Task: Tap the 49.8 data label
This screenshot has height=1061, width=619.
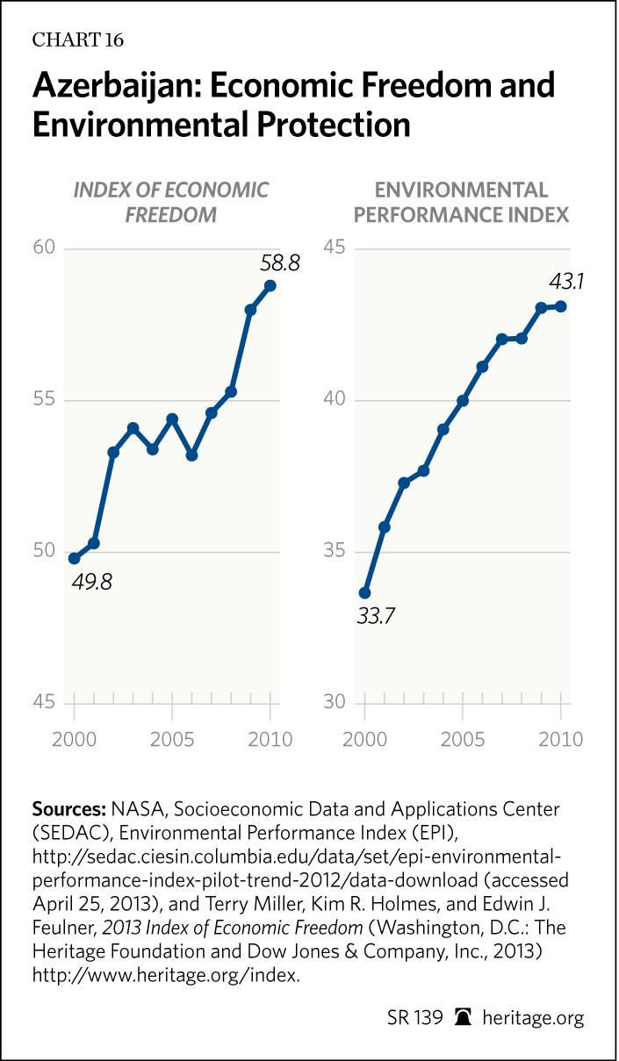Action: pos(92,582)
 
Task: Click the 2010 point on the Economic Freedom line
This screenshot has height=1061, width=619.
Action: pos(270,285)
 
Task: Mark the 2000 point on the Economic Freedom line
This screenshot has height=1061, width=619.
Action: pos(74,558)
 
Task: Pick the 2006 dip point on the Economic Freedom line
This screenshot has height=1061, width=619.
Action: pos(191,455)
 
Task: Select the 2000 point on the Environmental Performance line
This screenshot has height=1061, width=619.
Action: pos(364,593)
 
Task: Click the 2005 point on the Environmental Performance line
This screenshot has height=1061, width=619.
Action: pos(463,400)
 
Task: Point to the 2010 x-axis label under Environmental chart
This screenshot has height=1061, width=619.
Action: pos(561,739)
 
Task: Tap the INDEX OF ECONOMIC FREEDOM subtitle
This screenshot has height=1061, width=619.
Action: pos(170,202)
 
